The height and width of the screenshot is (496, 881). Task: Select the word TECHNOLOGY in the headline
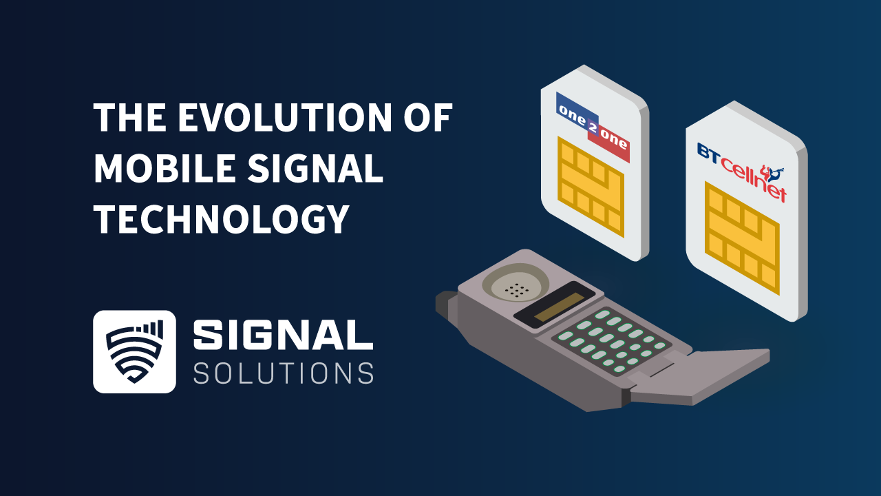pyautogui.click(x=220, y=220)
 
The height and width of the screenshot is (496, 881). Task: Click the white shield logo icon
pyautogui.click(x=134, y=351)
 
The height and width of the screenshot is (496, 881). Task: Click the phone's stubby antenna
pyautogui.click(x=447, y=303)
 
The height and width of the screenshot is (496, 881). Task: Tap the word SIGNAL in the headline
pyautogui.click(x=319, y=169)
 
